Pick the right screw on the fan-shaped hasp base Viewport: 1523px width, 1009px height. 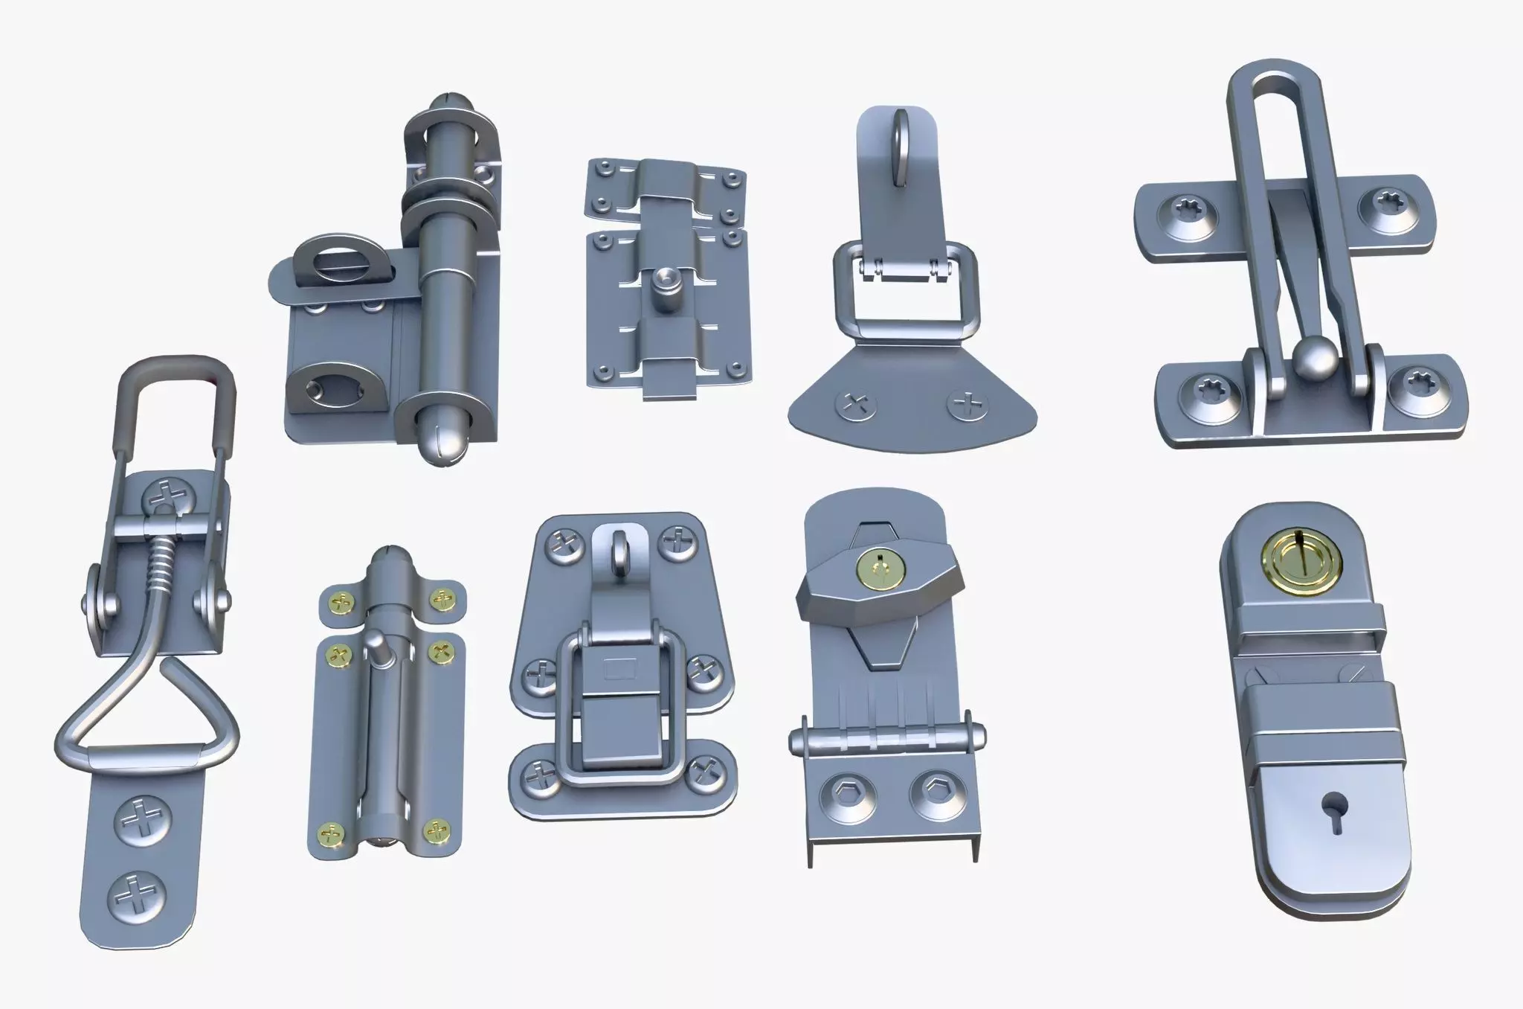pyautogui.click(x=966, y=406)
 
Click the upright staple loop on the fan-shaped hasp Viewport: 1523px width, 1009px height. pyautogui.click(x=901, y=149)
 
